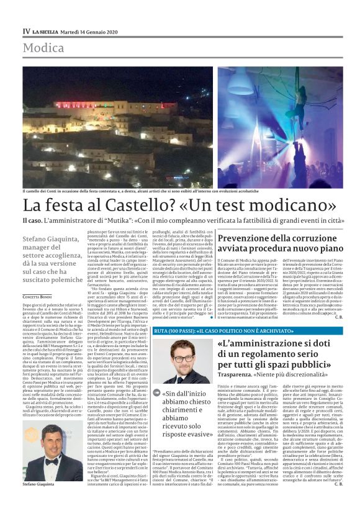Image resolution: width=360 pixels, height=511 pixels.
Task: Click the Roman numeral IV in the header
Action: coord(26,31)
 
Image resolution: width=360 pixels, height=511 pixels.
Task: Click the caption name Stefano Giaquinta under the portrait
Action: coord(42,482)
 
